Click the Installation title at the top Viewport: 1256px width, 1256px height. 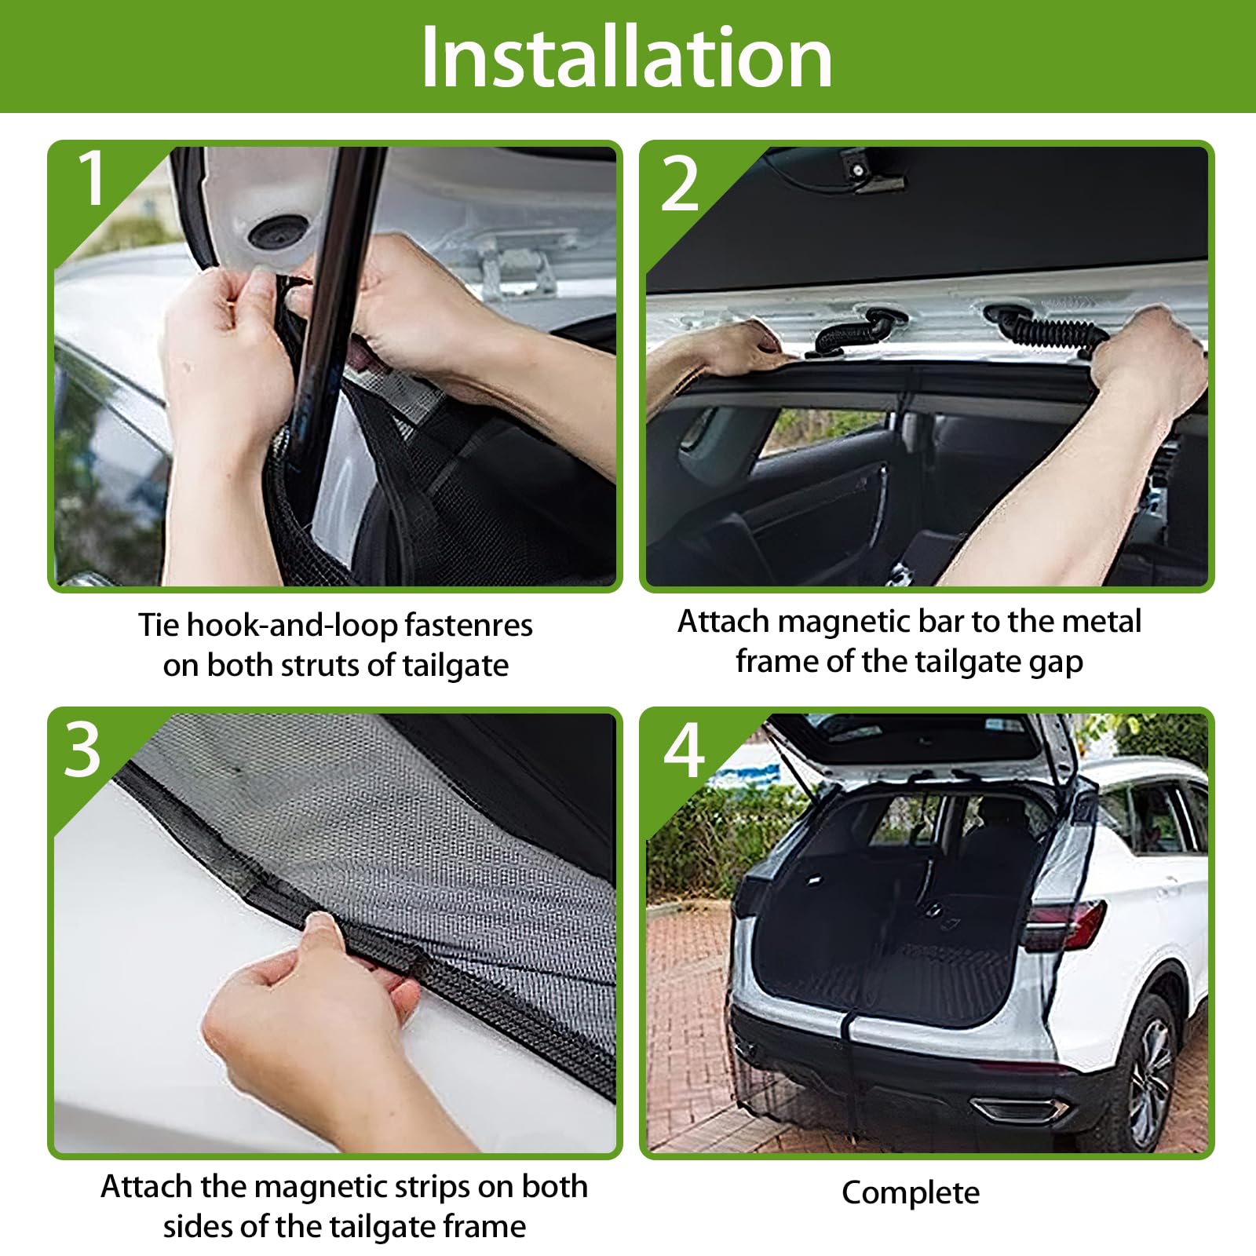(x=626, y=57)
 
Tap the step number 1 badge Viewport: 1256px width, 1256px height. (x=93, y=178)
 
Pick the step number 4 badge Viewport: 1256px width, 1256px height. (x=684, y=750)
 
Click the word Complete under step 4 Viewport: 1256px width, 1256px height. (x=911, y=1193)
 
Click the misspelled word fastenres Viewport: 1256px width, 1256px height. (x=469, y=626)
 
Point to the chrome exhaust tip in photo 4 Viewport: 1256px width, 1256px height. (x=1021, y=1109)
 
